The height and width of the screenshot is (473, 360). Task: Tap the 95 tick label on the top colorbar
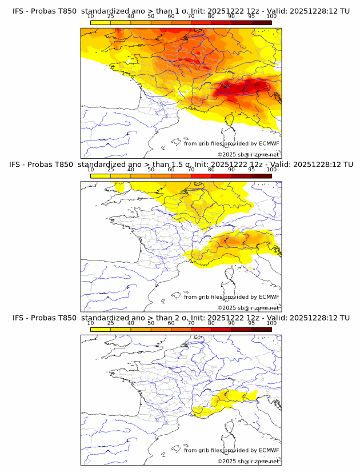click(x=251, y=16)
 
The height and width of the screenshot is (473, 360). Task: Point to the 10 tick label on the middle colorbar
click(x=90, y=170)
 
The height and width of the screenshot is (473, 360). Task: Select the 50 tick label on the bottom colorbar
click(x=151, y=323)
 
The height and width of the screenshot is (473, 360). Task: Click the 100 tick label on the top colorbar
click(x=271, y=16)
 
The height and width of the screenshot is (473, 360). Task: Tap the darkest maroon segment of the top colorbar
click(x=261, y=22)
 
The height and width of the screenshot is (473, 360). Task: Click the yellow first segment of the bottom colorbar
click(x=100, y=330)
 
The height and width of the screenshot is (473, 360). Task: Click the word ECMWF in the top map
click(x=269, y=143)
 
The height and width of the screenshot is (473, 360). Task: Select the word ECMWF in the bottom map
click(x=269, y=451)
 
